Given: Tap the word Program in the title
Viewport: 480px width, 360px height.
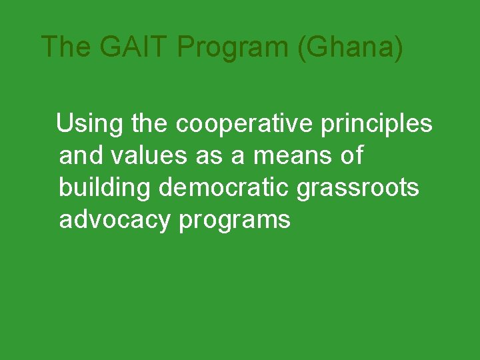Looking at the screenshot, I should (235, 47).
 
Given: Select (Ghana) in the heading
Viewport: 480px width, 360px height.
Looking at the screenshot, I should (351, 47).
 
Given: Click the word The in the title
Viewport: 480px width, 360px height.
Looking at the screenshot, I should (65, 47).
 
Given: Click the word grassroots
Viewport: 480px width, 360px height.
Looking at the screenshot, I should (358, 187).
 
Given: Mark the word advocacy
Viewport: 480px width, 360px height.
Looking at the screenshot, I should (115, 219).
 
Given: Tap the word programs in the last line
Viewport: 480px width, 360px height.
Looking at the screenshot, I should (235, 219).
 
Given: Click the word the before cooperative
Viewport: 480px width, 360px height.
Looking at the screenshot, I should (151, 124).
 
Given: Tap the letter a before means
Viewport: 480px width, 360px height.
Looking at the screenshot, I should (238, 156).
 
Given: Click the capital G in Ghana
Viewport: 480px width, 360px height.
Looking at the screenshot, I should (317, 47).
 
